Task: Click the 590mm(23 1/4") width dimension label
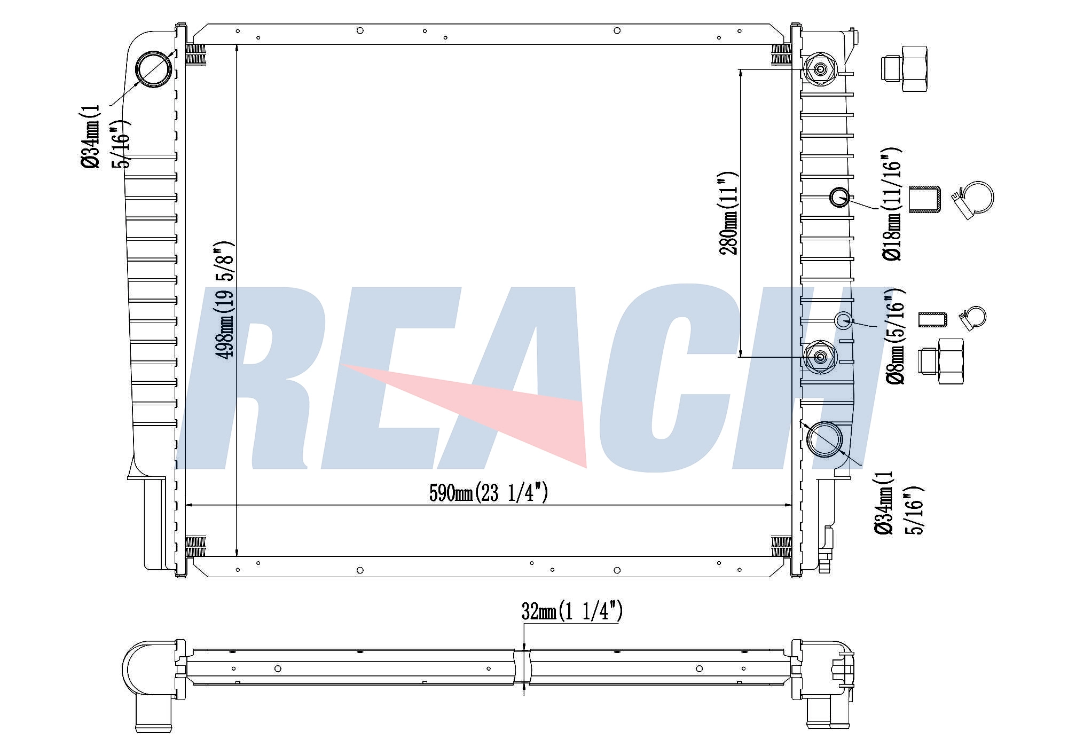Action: coord(489,492)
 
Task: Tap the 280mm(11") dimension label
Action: coord(729,213)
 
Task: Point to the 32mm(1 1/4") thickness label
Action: coord(572,611)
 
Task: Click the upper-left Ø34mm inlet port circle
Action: coord(154,69)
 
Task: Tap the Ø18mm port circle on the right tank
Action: coord(839,197)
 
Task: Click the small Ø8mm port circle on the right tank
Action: coord(843,320)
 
